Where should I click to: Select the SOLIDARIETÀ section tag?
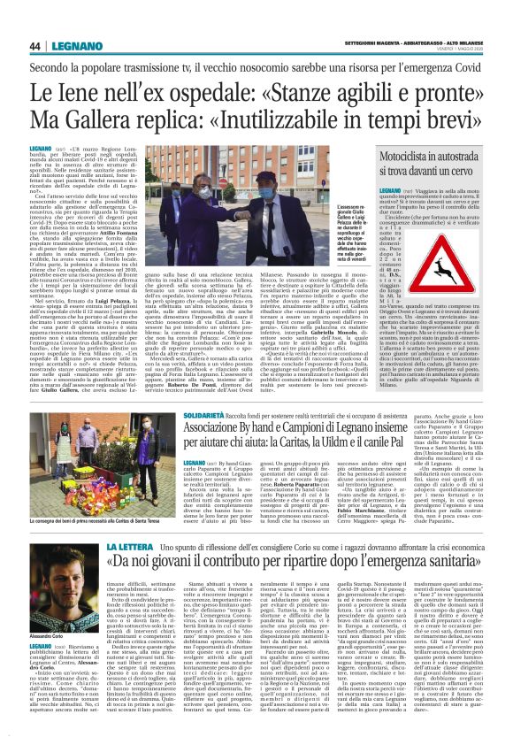pos(208,411)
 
